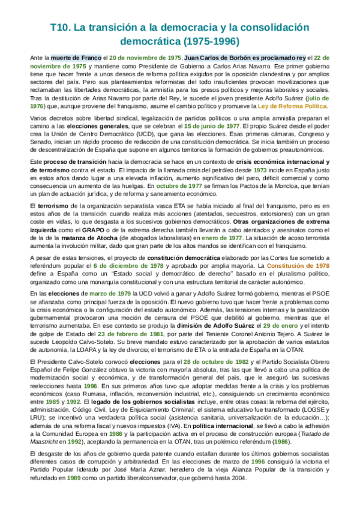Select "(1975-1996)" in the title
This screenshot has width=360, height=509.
[x=209, y=41]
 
